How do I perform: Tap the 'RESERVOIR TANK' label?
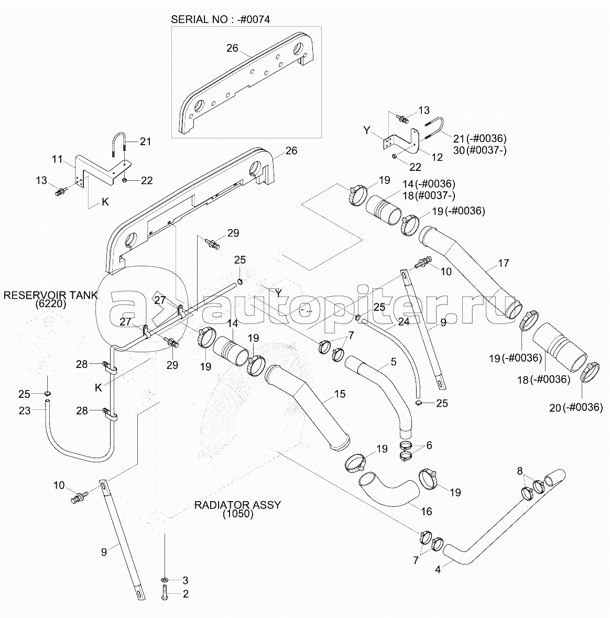[50, 295]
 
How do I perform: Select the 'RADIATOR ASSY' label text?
[237, 505]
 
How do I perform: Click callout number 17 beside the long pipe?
[503, 264]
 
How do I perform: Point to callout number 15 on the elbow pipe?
[340, 394]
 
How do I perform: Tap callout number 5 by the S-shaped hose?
[393, 362]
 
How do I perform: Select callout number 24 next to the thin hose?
[403, 323]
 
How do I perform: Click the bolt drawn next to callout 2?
[165, 593]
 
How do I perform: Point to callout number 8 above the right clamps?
[520, 471]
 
